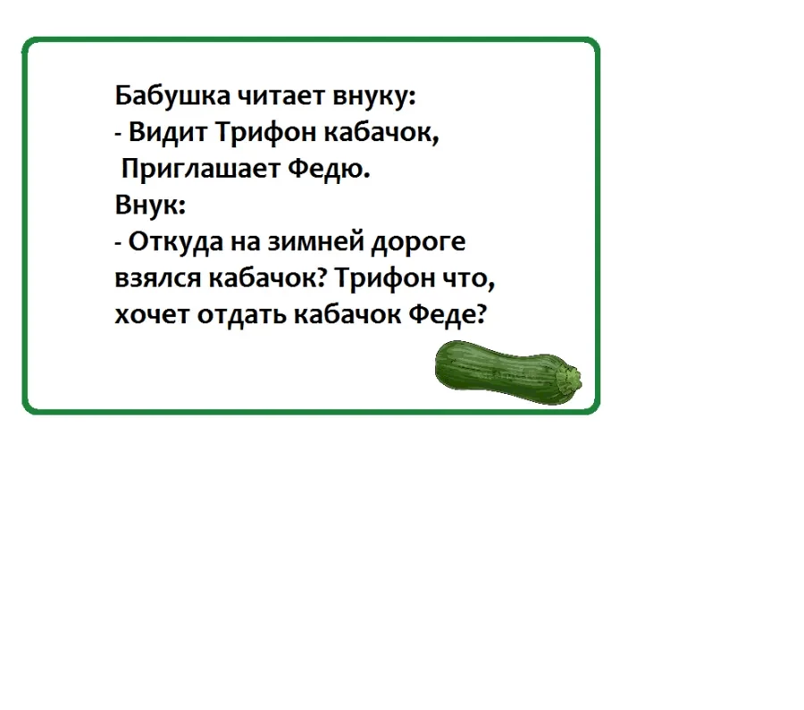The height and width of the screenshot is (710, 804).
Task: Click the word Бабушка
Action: (172, 96)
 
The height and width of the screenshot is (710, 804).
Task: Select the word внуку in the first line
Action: (374, 96)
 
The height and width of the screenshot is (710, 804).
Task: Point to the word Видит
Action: (168, 132)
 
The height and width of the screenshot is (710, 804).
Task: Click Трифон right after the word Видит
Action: (265, 133)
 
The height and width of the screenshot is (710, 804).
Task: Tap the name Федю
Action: (329, 169)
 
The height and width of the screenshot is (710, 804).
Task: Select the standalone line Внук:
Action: (150, 205)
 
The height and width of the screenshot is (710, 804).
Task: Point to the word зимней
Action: (315, 240)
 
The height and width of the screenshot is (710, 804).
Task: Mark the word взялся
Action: (158, 279)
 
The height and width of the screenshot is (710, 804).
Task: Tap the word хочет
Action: (152, 314)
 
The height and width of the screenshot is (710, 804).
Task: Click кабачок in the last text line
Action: (348, 313)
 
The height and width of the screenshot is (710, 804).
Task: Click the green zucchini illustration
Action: (507, 373)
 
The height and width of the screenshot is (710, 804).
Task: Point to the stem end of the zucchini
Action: (571, 380)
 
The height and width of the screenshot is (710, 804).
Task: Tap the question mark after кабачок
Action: (322, 278)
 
